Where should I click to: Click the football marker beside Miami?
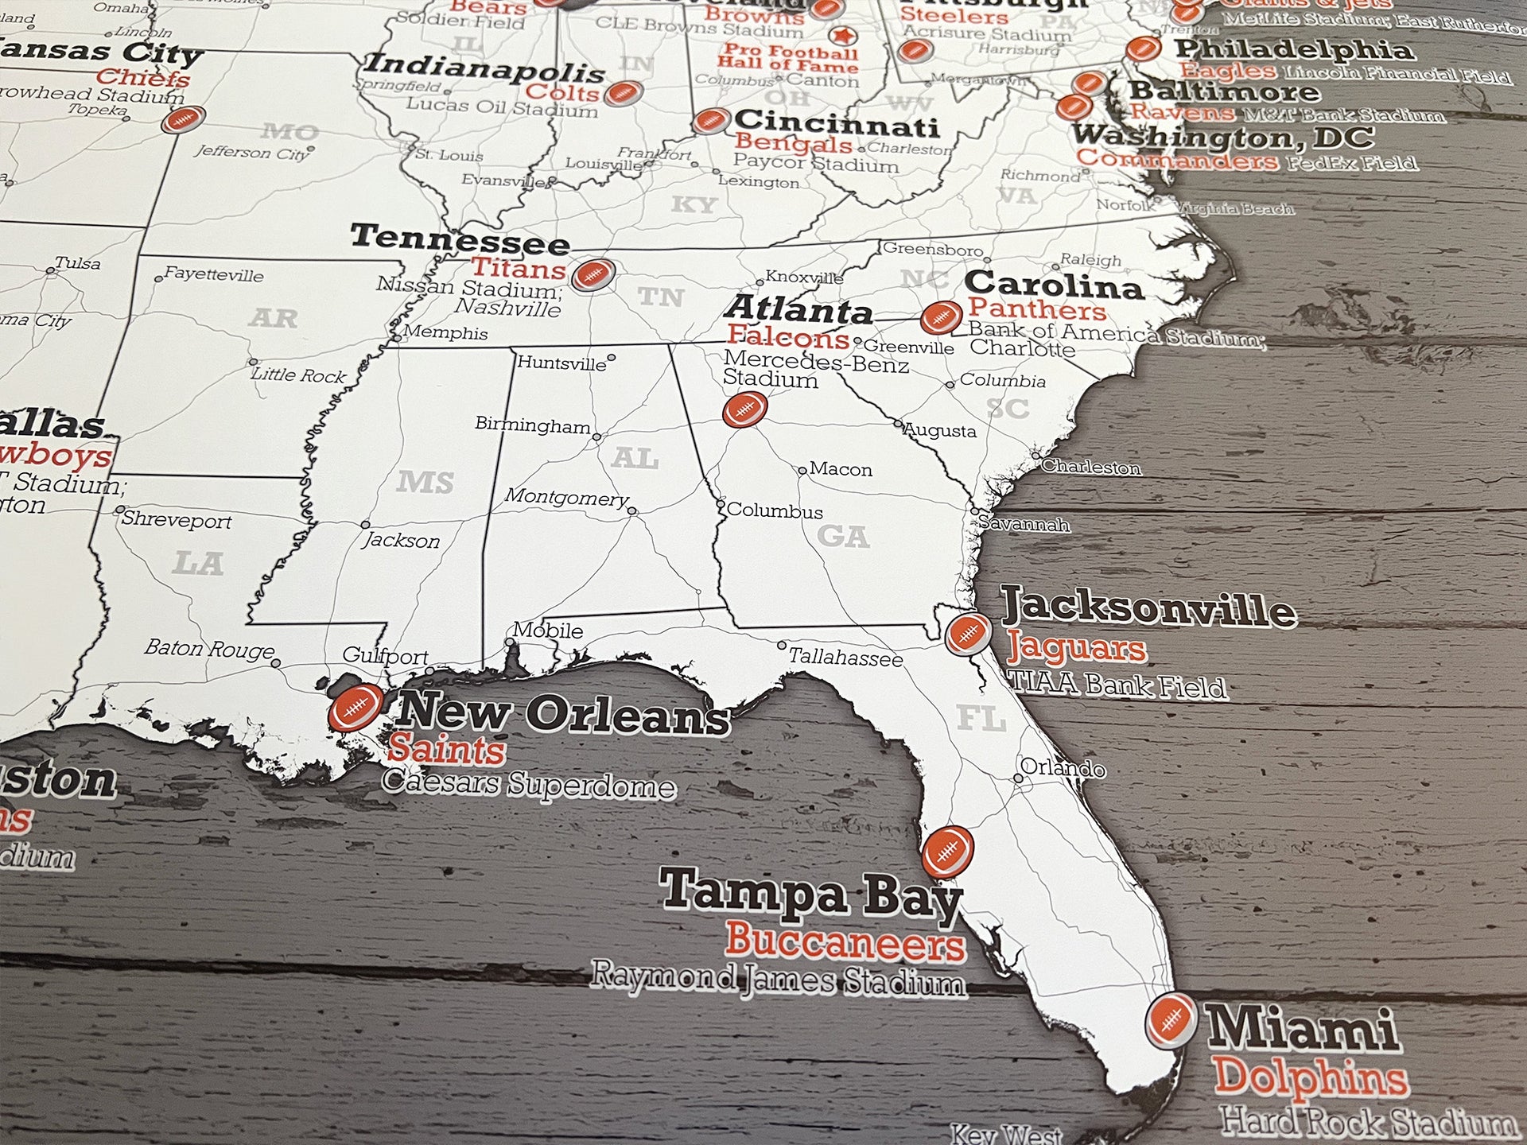pyautogui.click(x=1171, y=1019)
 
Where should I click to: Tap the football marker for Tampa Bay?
pyautogui.click(x=947, y=852)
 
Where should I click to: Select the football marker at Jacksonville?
pyautogui.click(x=968, y=634)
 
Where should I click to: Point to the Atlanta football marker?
pyautogui.click(x=744, y=410)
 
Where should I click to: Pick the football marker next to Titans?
pyautogui.click(x=593, y=274)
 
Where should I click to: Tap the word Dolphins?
pyautogui.click(x=1310, y=1078)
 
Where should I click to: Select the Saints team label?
pyautogui.click(x=446, y=750)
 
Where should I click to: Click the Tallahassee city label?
pyautogui.click(x=845, y=658)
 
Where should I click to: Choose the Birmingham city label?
pyautogui.click(x=532, y=425)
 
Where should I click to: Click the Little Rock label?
pyautogui.click(x=299, y=375)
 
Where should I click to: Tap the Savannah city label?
pyautogui.click(x=1024, y=524)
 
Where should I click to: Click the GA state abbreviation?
pyautogui.click(x=843, y=537)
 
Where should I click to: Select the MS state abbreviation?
pyautogui.click(x=425, y=482)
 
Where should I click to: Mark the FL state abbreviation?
pyautogui.click(x=981, y=719)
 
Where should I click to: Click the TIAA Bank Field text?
pyautogui.click(x=1117, y=685)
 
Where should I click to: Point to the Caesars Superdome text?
pyautogui.click(x=529, y=785)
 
